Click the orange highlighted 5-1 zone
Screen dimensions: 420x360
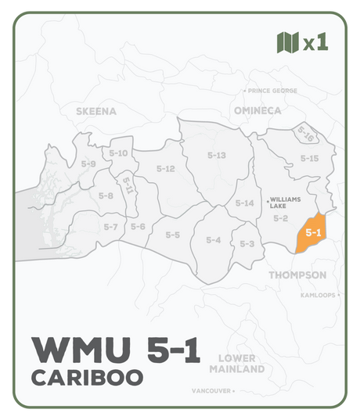pos(313,232)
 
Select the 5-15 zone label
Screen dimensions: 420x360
pos(310,158)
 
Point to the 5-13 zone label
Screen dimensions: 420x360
pos(217,156)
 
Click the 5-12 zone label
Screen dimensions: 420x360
pos(165,169)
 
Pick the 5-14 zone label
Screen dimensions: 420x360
pos(245,203)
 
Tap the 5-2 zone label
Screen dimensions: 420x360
pos(281,218)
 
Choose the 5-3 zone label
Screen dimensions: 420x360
pos(247,244)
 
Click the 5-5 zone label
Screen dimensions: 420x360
pos(172,235)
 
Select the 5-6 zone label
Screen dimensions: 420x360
pos(138,227)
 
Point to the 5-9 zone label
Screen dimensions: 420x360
pos(88,164)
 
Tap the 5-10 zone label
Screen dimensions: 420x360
pos(118,153)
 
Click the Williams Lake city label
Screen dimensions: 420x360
pos(283,203)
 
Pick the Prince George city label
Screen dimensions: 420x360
pos(272,91)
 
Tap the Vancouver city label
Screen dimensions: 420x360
pos(213,389)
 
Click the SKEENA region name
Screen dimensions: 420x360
pos(96,111)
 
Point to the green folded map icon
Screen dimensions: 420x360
pos(288,41)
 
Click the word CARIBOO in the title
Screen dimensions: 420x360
pos(87,377)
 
